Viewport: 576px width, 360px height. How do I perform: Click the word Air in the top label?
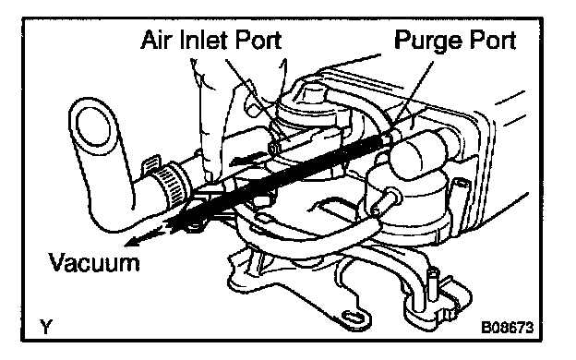pyautogui.click(x=154, y=40)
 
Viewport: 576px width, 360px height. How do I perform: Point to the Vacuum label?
pyautogui.click(x=94, y=262)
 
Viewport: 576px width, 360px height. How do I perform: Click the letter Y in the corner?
pyautogui.click(x=46, y=327)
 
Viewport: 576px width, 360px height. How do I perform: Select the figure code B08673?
pyautogui.click(x=508, y=327)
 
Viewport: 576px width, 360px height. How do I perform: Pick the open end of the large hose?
pyautogui.click(x=92, y=126)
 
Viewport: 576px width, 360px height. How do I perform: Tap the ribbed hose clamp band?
pyautogui.click(x=172, y=186)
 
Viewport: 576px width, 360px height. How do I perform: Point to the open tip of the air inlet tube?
pyautogui.click(x=273, y=149)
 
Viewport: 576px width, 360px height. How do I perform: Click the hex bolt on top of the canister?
pyautogui.click(x=311, y=93)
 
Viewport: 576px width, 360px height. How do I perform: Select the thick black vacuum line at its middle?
pyautogui.click(x=279, y=176)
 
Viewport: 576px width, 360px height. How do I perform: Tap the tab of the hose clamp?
pyautogui.click(x=151, y=163)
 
